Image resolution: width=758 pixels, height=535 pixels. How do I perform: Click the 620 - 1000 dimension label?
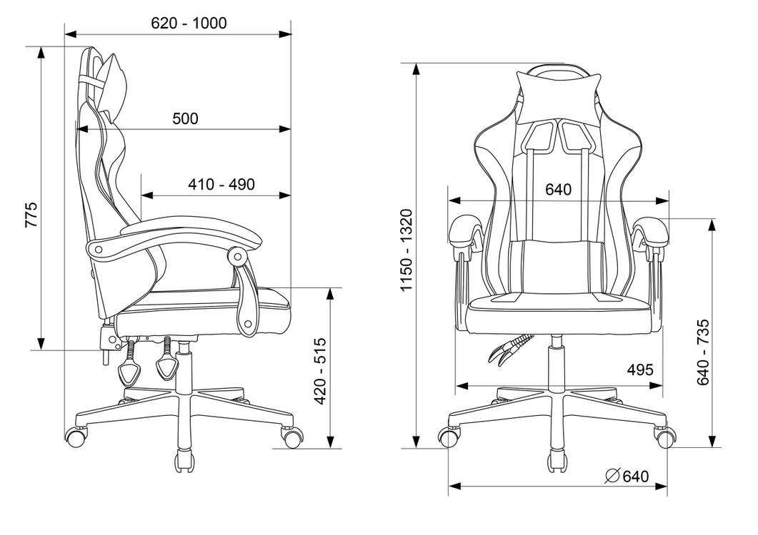(189, 23)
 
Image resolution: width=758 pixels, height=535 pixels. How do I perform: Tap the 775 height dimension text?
(31, 215)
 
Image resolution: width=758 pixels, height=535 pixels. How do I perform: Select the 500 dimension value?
(186, 118)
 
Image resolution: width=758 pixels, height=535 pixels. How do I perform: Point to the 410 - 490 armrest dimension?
(221, 184)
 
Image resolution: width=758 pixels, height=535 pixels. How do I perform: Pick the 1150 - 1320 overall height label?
(407, 250)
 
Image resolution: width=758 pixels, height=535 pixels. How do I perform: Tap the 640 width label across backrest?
(559, 190)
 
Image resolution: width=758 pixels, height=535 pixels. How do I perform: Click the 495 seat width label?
(640, 370)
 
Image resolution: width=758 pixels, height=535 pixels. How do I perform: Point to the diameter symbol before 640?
(612, 476)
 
